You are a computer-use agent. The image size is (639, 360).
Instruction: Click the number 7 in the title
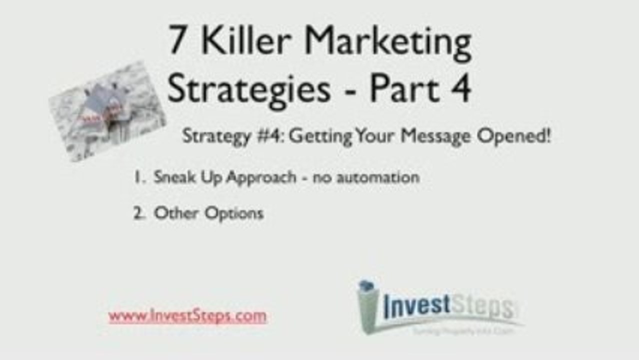176,41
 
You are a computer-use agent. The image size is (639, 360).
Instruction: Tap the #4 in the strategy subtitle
270,136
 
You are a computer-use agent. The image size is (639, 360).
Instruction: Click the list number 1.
137,177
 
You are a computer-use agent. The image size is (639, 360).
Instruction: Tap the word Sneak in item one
173,177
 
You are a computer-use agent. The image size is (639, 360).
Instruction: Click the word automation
381,177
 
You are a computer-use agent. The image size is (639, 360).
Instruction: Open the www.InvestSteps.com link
187,316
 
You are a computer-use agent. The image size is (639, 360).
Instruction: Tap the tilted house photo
107,111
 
